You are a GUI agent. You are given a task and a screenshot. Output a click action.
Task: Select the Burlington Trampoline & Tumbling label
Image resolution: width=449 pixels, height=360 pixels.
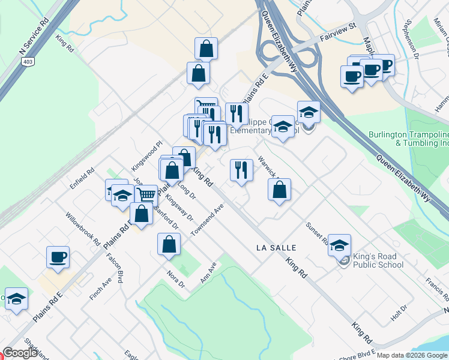[x=408, y=139]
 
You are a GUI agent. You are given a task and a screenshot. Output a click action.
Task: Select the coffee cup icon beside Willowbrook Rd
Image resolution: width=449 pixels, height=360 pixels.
[x=58, y=257]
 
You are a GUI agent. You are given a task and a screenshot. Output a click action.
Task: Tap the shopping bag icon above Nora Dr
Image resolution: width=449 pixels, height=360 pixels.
[x=169, y=243]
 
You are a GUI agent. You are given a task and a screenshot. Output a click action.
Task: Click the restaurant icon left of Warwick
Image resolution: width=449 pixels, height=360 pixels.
[x=241, y=169]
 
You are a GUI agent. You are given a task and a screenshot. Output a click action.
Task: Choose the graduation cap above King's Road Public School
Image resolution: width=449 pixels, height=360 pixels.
[x=339, y=244]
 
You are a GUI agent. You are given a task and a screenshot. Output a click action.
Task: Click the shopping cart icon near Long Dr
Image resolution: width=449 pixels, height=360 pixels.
[x=146, y=194]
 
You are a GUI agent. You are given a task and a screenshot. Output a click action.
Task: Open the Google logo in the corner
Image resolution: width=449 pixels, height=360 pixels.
[x=20, y=353]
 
